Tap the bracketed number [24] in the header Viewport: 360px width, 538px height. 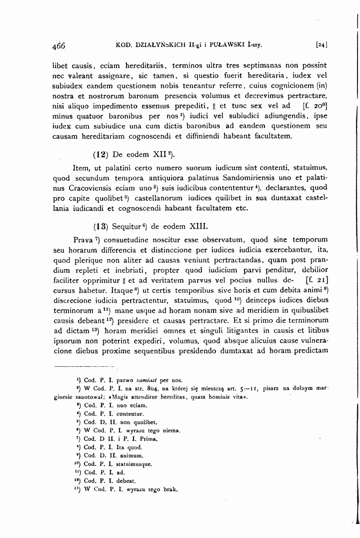[x=321, y=45]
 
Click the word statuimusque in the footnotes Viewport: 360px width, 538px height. [x=130, y=464]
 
